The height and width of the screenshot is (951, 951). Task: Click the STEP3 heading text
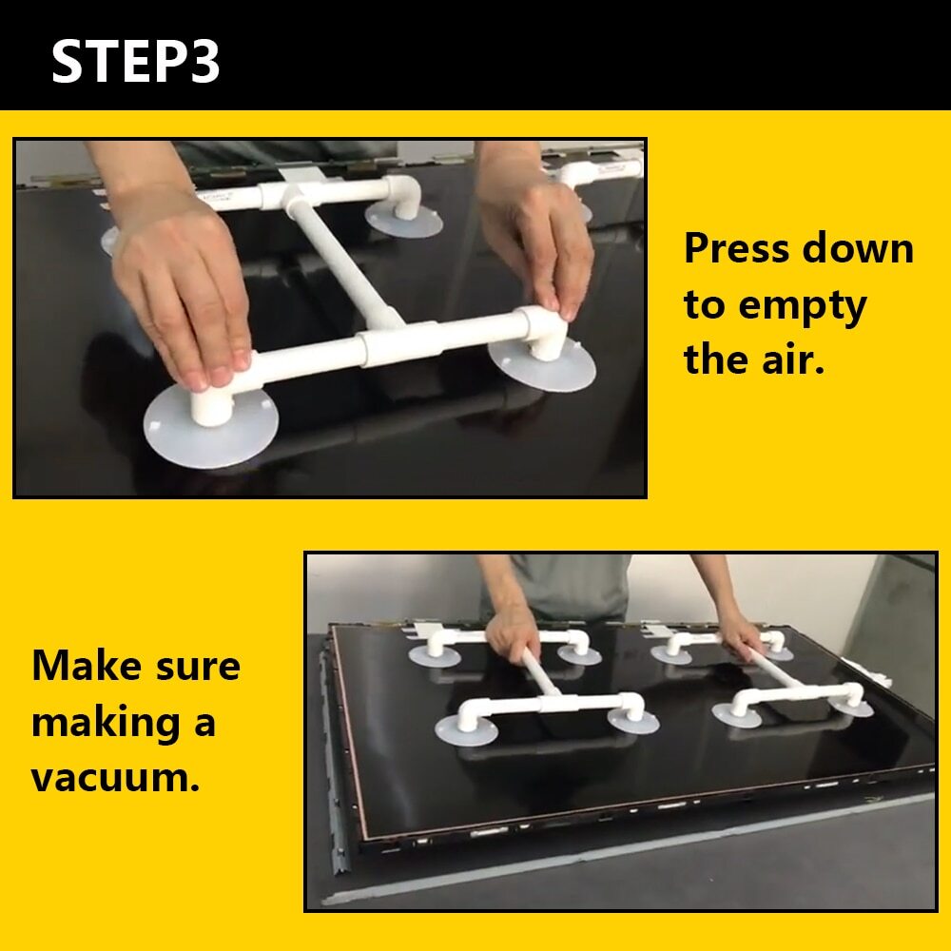pos(135,61)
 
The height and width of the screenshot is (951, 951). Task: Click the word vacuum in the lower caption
pos(115,778)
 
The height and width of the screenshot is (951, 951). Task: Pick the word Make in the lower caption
pos(87,666)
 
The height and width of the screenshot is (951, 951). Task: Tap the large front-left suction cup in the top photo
pos(210,427)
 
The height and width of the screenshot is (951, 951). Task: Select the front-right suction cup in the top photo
pos(542,364)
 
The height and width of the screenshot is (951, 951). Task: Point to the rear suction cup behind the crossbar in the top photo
pos(404,221)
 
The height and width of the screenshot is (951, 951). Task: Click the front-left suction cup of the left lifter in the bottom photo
pos(466,729)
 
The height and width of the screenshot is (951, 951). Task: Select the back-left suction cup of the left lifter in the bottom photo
pos(434,656)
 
